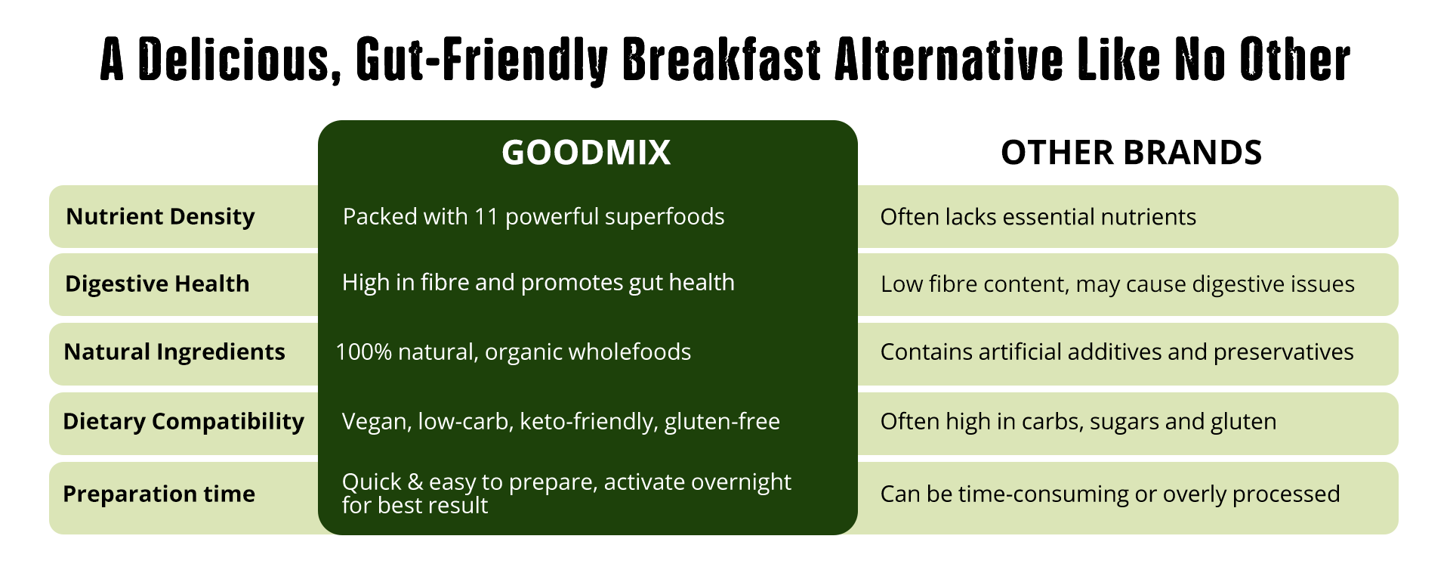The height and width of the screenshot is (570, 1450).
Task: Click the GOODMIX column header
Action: (586, 153)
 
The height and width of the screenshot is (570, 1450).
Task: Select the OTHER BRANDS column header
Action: (1131, 153)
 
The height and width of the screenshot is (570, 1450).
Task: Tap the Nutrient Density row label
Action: (160, 217)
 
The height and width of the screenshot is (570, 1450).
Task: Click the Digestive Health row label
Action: (157, 283)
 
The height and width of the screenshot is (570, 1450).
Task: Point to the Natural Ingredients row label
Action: (174, 352)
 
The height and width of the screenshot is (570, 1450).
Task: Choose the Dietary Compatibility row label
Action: (184, 421)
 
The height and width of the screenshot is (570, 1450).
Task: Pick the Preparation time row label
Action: (159, 494)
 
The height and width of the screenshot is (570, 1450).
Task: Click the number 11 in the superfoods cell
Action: (486, 217)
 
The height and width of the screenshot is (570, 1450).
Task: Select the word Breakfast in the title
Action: (721, 60)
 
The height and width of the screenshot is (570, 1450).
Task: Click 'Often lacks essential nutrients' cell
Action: (1038, 217)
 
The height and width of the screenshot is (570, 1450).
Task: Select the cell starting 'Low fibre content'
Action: (1118, 284)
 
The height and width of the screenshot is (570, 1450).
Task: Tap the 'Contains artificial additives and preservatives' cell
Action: (1117, 352)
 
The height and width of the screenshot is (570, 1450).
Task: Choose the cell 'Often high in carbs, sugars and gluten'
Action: (1078, 422)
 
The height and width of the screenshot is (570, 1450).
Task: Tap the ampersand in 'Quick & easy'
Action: (415, 482)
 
